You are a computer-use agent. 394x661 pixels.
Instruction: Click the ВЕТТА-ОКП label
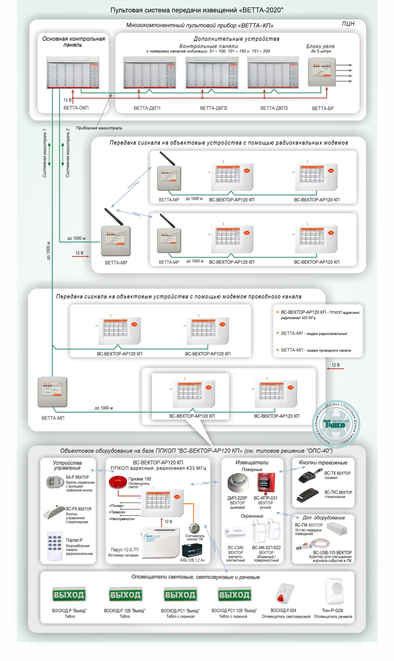point(76,108)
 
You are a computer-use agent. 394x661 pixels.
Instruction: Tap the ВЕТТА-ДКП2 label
point(214,108)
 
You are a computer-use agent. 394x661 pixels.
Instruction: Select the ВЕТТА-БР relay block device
point(322,72)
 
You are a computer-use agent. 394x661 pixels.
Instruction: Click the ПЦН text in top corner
point(348,24)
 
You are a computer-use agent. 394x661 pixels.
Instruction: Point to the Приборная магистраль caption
point(99,128)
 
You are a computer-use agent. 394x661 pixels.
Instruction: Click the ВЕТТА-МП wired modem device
point(52,392)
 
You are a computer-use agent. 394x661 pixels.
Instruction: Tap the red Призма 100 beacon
point(118,482)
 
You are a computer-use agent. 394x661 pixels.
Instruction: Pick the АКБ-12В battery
point(192,550)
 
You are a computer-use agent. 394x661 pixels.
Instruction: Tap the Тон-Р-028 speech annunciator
point(335,591)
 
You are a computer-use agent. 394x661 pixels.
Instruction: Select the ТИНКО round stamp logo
point(336,424)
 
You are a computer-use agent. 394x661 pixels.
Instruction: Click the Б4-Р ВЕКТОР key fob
point(55,482)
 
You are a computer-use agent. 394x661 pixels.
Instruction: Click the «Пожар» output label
point(117,506)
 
